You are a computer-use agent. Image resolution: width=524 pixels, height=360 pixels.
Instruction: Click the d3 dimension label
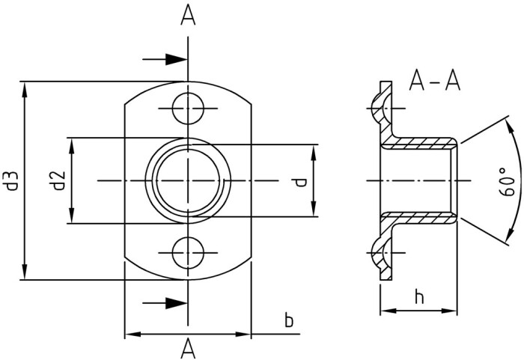point(11,180)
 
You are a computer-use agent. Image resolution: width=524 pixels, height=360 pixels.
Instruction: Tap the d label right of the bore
point(301,183)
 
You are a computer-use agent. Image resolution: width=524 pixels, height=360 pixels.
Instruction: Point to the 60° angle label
point(507,182)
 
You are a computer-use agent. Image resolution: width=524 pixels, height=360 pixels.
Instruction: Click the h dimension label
point(418,296)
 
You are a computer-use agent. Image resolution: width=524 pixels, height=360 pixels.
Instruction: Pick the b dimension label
point(289,320)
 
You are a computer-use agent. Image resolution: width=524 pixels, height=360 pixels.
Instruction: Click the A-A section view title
point(435,81)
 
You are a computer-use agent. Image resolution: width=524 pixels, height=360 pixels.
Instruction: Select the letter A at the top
point(188,16)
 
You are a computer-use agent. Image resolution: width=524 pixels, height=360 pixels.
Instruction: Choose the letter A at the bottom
point(188,348)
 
